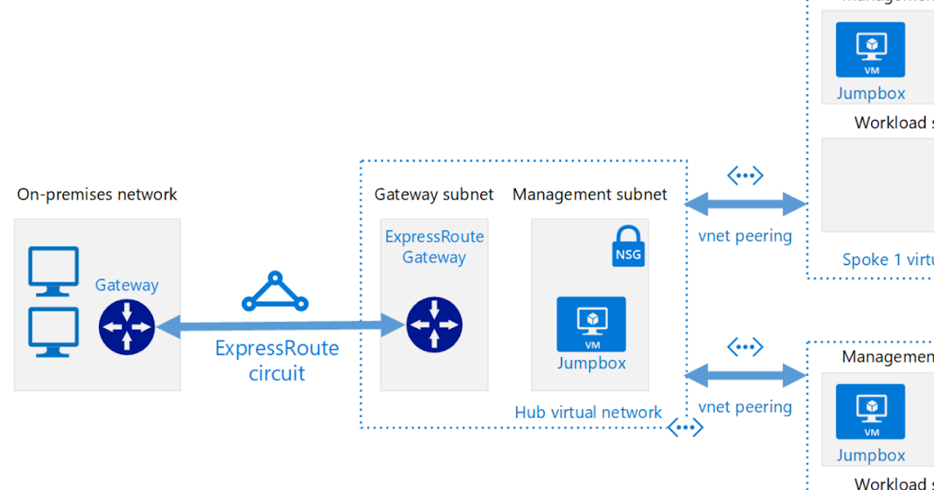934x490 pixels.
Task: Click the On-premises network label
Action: point(97,194)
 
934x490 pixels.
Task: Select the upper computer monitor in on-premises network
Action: point(54,271)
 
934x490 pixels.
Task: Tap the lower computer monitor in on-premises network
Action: point(54,331)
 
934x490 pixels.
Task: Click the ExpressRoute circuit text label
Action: point(277,360)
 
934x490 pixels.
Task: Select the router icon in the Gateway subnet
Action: point(434,325)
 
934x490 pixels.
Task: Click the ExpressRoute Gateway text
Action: point(434,247)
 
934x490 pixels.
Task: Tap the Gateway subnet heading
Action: point(434,194)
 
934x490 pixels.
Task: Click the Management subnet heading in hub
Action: point(589,194)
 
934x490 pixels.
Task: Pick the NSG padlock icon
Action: point(628,247)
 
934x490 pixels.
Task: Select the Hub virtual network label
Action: point(588,412)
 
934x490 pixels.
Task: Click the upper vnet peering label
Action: point(745,236)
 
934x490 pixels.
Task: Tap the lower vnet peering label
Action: point(745,407)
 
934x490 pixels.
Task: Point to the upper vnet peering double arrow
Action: point(745,205)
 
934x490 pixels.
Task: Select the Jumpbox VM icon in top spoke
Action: point(870,50)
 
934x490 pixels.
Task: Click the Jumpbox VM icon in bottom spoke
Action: point(870,411)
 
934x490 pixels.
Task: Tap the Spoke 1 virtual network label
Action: point(887,260)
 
